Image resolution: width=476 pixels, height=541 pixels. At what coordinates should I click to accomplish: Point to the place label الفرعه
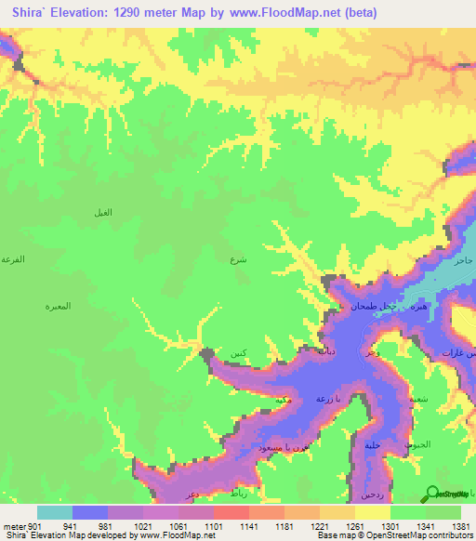12,258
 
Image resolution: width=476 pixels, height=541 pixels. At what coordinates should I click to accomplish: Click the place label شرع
238,261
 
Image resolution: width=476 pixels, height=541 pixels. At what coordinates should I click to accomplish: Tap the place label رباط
239,495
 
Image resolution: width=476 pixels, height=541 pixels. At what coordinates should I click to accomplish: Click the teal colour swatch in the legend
55,512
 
